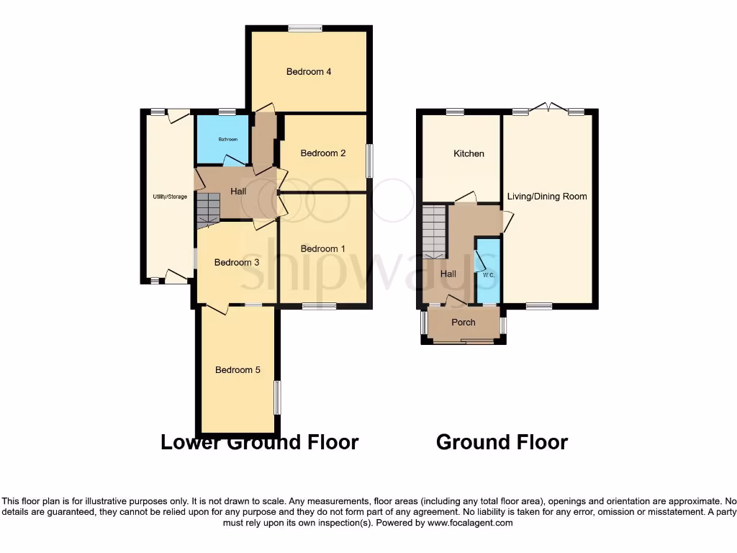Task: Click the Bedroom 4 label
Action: [309, 71]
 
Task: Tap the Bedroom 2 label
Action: [323, 153]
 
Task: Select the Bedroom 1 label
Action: [323, 248]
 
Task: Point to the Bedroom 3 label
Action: [237, 262]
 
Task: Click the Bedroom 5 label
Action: [238, 369]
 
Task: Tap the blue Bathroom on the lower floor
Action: [223, 140]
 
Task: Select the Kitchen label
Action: [469, 153]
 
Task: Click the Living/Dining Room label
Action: [547, 196]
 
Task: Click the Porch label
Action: [463, 322]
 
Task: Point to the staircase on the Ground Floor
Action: [435, 231]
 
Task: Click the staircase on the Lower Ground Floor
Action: [207, 209]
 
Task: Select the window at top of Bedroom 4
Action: [305, 29]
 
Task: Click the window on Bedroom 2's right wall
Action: [370, 161]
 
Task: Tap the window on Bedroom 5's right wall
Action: [277, 397]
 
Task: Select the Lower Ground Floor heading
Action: [259, 441]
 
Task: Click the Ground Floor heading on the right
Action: [502, 441]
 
